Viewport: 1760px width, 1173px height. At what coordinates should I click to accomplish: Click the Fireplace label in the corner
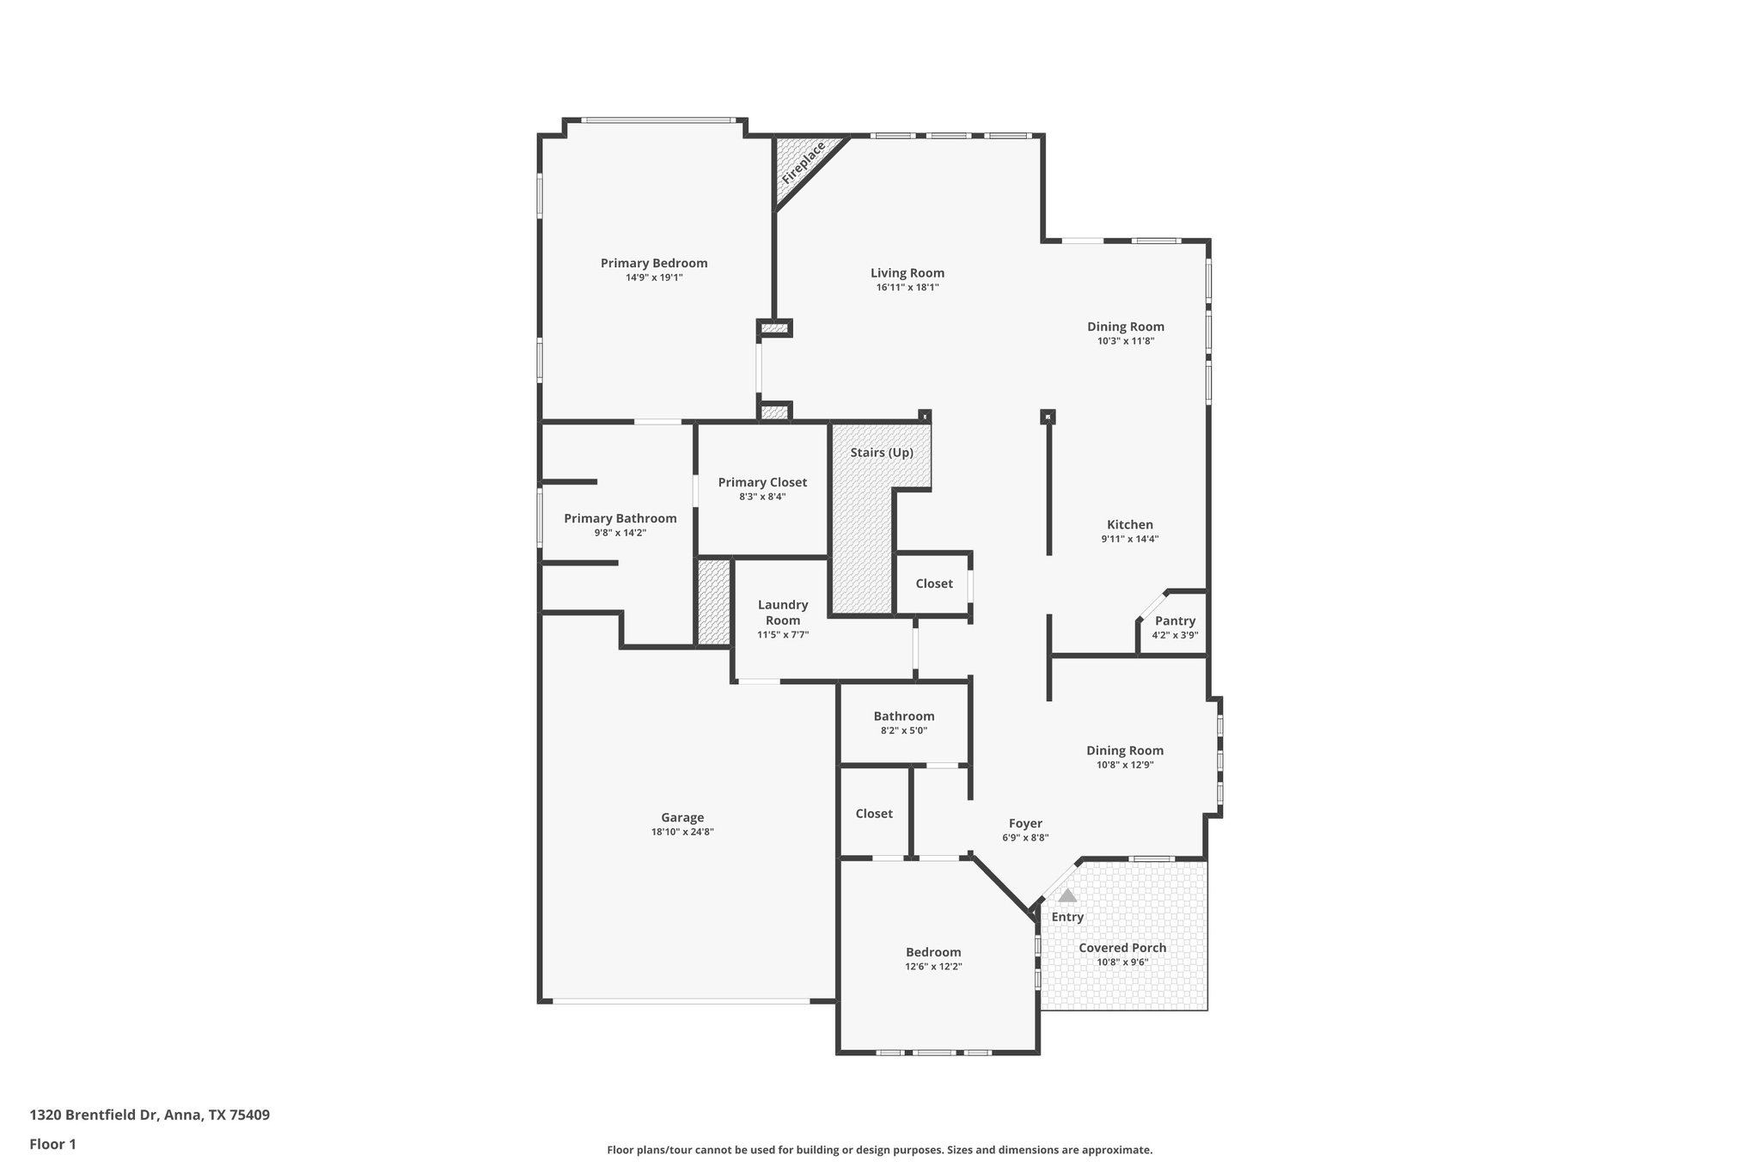coord(803,163)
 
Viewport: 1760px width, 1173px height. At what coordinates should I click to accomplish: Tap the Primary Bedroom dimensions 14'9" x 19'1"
coord(654,278)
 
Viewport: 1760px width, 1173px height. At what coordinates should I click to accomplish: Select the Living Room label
coord(907,273)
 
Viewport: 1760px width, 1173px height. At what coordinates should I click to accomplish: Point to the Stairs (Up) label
coord(882,453)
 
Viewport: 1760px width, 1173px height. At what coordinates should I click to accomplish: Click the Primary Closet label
coord(762,483)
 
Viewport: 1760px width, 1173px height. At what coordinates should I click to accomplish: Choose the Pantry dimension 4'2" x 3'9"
coord(1175,635)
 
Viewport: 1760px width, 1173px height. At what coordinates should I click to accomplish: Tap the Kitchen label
coord(1129,525)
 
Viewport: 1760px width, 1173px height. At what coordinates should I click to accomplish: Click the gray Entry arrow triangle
coord(1066,895)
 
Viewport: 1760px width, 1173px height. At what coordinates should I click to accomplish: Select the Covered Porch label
coord(1122,948)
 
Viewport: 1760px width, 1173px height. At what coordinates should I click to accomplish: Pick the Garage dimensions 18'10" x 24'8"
coord(682,832)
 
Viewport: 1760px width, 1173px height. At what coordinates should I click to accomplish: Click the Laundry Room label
coord(782,613)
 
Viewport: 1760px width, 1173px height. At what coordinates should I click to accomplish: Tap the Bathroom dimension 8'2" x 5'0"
coord(903,730)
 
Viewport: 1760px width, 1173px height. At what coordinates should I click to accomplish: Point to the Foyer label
coord(1025,823)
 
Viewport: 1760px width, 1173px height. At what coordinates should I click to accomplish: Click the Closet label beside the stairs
coord(933,583)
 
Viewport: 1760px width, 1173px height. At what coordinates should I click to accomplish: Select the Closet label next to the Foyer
coord(874,814)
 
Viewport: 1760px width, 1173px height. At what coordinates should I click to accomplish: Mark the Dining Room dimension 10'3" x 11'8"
coord(1125,340)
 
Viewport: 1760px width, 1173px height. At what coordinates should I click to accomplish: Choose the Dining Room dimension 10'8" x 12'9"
coord(1124,764)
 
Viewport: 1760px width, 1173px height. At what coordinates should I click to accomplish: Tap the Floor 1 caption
coord(53,1144)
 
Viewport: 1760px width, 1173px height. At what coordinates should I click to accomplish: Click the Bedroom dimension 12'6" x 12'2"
coord(933,966)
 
